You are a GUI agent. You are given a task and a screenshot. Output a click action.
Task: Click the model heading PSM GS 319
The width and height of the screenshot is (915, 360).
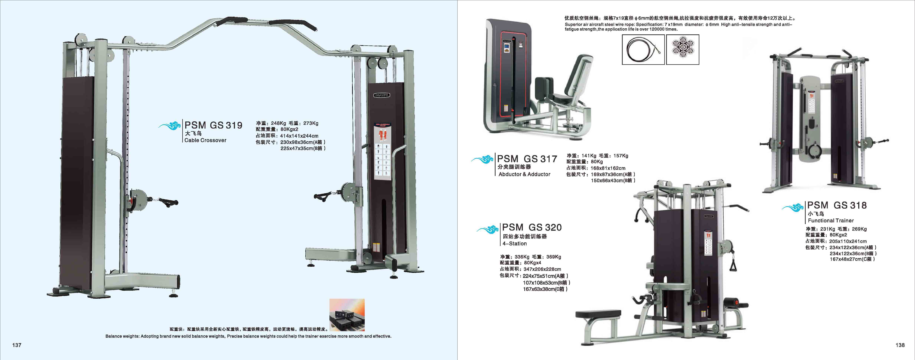(213, 125)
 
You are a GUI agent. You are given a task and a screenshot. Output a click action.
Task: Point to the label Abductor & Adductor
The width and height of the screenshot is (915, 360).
(524, 174)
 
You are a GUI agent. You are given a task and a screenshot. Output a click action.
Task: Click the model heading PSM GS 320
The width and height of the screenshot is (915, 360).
(532, 227)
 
